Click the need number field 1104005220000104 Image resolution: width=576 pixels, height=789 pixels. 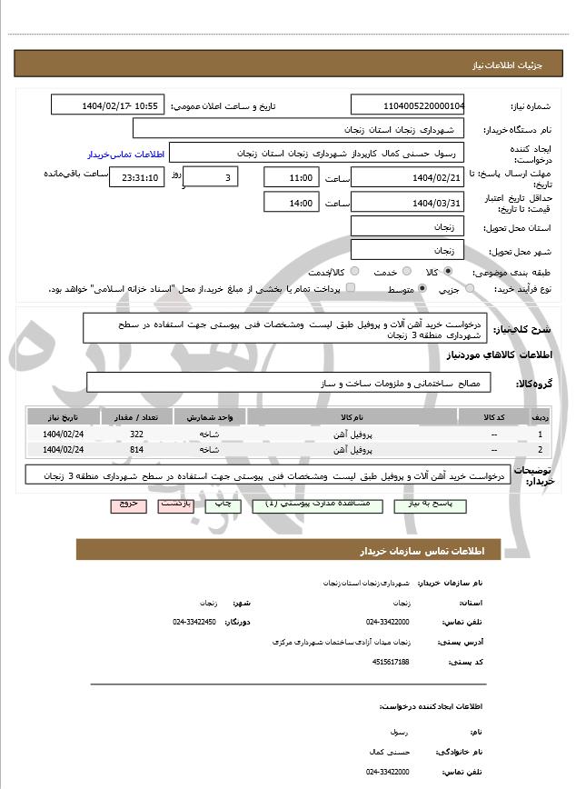[407, 105]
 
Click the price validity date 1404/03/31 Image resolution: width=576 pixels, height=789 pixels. [407, 203]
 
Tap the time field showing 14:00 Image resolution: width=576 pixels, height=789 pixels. [291, 203]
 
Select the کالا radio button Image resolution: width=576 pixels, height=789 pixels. [448, 271]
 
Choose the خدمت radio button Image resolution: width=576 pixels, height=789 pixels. [405, 271]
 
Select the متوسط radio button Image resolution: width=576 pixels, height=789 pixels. [422, 288]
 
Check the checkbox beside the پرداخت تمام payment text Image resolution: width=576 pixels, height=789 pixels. [351, 288]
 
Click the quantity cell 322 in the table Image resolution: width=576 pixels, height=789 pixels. [136, 435]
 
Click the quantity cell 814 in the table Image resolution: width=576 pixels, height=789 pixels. [136, 449]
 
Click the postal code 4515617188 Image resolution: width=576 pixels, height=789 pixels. [391, 662]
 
